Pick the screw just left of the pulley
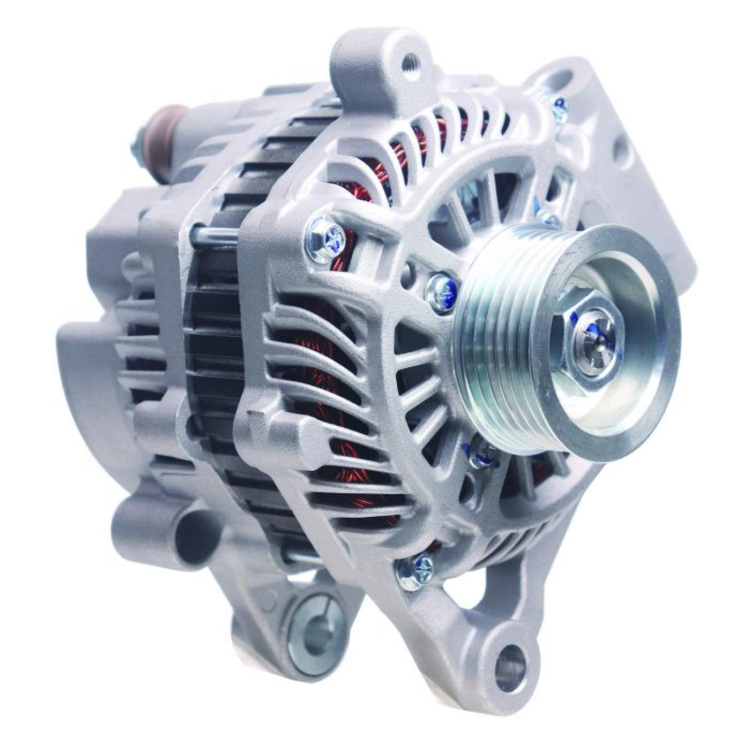[x=442, y=290]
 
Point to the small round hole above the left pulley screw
[x=411, y=272]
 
